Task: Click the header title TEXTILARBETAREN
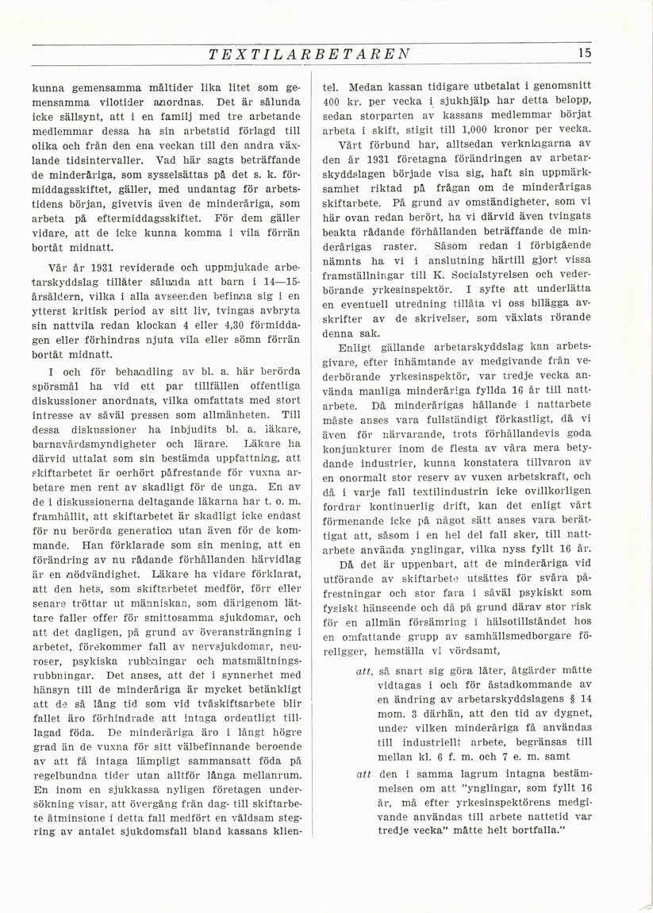[x=308, y=54]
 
